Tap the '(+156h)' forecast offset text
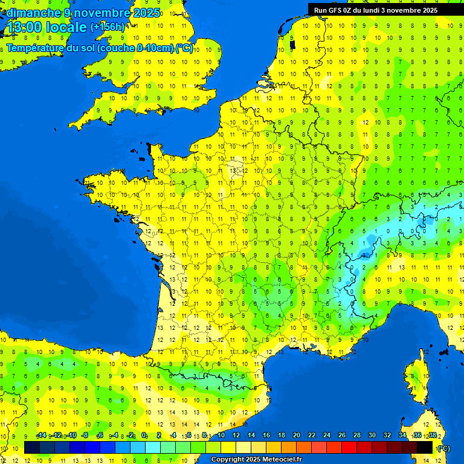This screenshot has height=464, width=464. [x=108, y=27]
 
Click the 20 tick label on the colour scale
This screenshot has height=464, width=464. [x=297, y=435]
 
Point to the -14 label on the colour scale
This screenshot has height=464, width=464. [x=41, y=435]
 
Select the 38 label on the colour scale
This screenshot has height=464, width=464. [x=432, y=435]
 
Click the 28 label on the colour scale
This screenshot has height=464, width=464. [x=356, y=435]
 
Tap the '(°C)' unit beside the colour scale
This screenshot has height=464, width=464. [x=443, y=448]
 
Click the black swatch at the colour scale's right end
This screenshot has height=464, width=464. [x=425, y=448]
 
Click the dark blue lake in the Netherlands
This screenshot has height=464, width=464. [x=292, y=44]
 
